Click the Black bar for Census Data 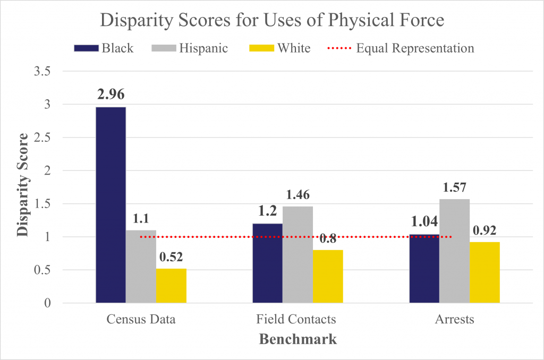click(x=110, y=205)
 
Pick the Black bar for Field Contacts click(x=267, y=263)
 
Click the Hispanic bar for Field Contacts click(x=297, y=255)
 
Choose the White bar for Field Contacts click(x=328, y=277)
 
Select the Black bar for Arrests click(x=424, y=269)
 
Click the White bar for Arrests click(x=484, y=272)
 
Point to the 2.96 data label click(x=111, y=95)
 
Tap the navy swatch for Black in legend click(x=86, y=48)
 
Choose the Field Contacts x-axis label click(x=296, y=320)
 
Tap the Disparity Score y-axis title click(x=22, y=187)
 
